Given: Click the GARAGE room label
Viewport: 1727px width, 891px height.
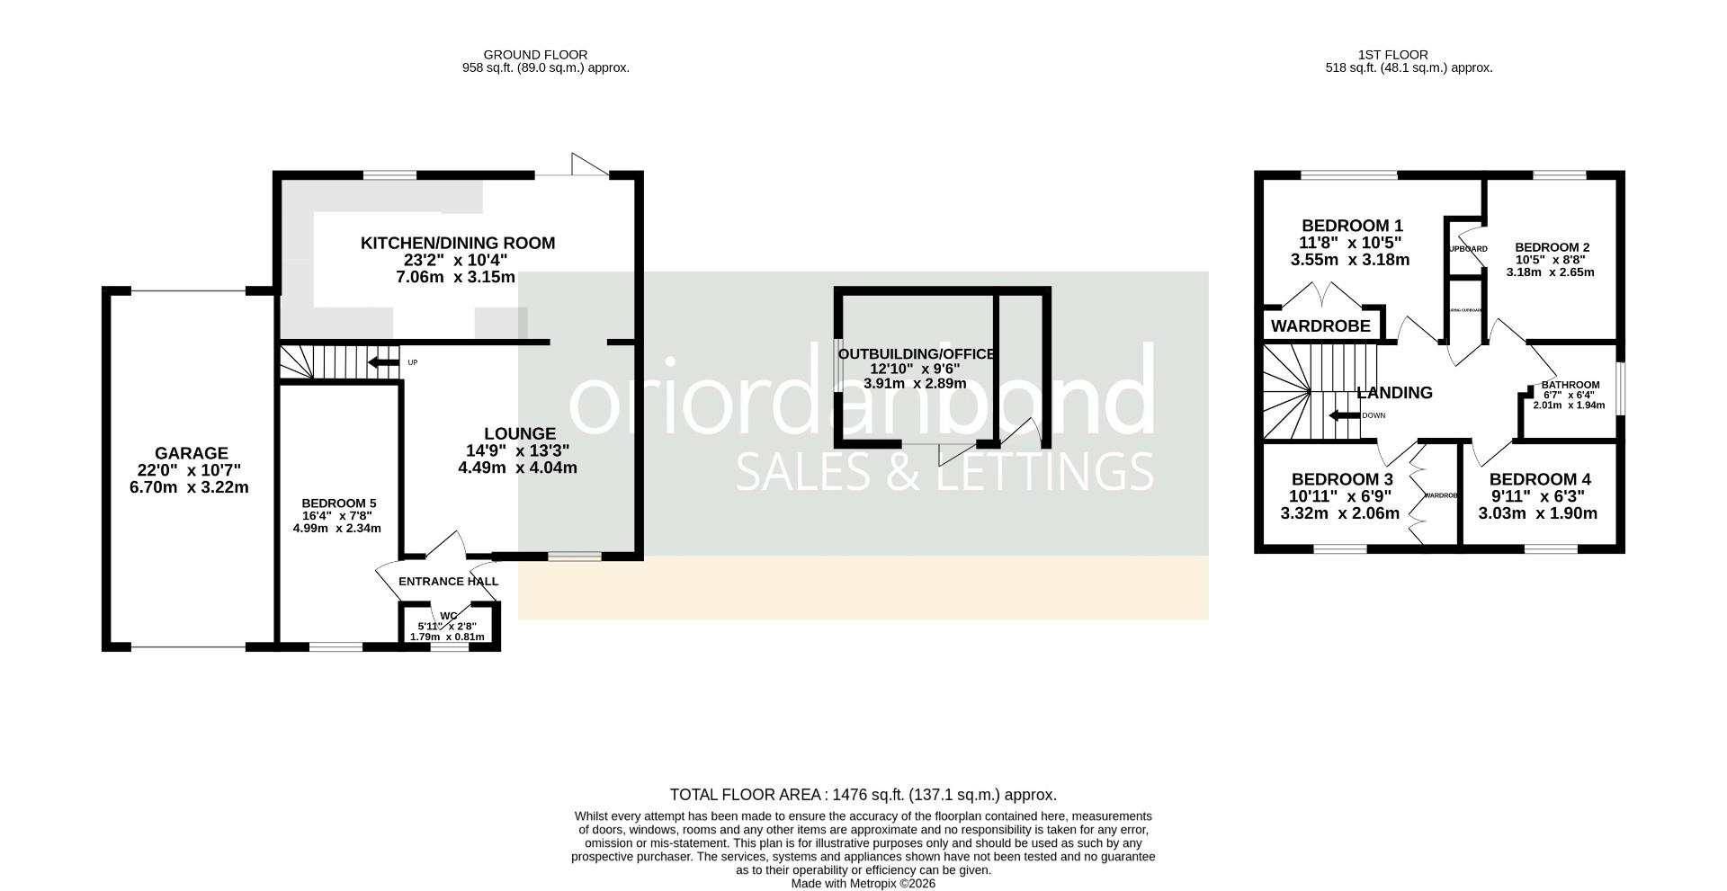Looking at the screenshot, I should point(191,454).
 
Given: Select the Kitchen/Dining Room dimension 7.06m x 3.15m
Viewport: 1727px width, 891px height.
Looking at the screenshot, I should point(458,277).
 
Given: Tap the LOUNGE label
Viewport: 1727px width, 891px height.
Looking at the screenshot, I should point(519,433).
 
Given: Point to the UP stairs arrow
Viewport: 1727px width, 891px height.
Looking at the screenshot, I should point(384,362).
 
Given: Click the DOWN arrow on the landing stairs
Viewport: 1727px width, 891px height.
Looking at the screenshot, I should point(1345,415).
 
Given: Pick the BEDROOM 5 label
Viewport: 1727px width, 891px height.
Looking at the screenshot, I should point(338,503).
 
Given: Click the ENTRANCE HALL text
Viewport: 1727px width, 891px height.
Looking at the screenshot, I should point(448,582).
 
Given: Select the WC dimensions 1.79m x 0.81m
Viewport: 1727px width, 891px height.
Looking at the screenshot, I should point(447,637).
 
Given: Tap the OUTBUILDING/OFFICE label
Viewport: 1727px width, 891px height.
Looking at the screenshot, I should point(916,354).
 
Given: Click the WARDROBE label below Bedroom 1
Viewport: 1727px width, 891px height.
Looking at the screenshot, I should point(1320,326).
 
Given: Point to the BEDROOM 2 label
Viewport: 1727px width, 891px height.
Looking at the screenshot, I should point(1552,247).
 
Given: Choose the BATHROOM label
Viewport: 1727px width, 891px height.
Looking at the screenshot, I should point(1570,385).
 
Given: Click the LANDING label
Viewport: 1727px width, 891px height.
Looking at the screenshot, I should point(1394,393).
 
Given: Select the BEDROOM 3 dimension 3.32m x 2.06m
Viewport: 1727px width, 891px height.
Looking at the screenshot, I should point(1339,514).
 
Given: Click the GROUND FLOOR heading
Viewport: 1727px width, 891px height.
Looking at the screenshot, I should point(535,55).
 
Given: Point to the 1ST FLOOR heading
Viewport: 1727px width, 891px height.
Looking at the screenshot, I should point(1393,55).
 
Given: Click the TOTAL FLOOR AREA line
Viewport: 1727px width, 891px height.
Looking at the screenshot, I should point(863,795).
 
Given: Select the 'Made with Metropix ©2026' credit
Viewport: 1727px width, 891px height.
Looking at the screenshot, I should point(863,884).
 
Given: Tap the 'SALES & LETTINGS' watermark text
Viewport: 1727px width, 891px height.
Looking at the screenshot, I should point(944,471).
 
